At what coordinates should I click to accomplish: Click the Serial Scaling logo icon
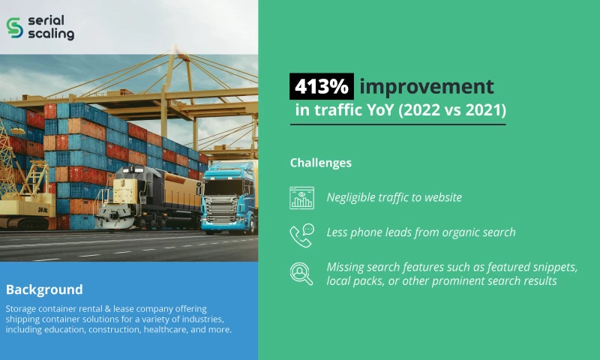pyautogui.click(x=15, y=27)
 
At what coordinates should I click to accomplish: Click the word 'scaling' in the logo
pyautogui.click(x=50, y=34)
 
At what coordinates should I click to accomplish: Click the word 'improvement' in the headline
pyautogui.click(x=426, y=86)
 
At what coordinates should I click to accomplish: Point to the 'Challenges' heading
pyautogui.click(x=320, y=162)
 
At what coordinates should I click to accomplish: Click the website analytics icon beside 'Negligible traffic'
pyautogui.click(x=301, y=197)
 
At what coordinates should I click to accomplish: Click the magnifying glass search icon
pyautogui.click(x=301, y=273)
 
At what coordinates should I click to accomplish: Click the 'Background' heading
pyautogui.click(x=44, y=289)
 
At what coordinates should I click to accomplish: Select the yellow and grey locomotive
pyautogui.click(x=142, y=199)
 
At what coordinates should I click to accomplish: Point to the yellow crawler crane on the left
pyautogui.click(x=22, y=195)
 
